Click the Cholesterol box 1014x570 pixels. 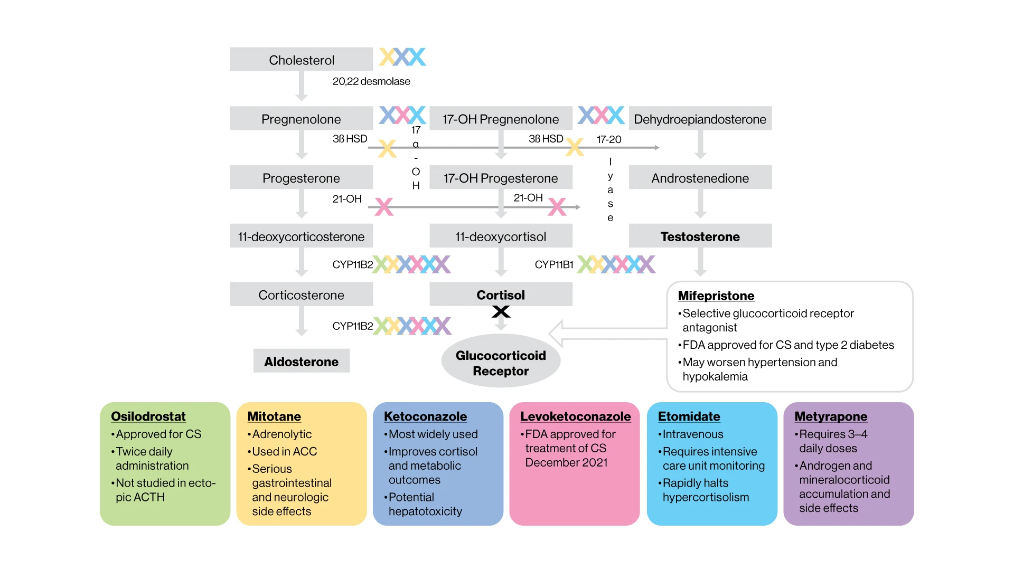click(302, 60)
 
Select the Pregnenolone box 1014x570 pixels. click(302, 119)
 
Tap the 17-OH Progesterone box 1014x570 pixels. click(501, 178)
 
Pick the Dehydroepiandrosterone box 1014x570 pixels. click(700, 119)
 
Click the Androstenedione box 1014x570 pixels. click(700, 178)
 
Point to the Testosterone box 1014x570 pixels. click(700, 236)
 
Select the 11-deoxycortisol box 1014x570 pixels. click(501, 236)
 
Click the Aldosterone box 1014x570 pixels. click(302, 361)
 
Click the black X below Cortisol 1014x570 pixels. click(501, 311)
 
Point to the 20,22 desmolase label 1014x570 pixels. click(371, 81)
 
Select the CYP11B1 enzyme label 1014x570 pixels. click(554, 264)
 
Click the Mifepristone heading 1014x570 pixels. click(716, 296)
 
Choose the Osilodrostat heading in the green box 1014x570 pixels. click(148, 416)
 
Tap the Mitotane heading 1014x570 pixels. click(274, 416)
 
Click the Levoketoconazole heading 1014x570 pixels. click(576, 416)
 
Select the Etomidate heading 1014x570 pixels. click(689, 416)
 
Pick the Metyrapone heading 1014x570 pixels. click(831, 416)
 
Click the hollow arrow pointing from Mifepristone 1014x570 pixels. click(607, 334)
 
